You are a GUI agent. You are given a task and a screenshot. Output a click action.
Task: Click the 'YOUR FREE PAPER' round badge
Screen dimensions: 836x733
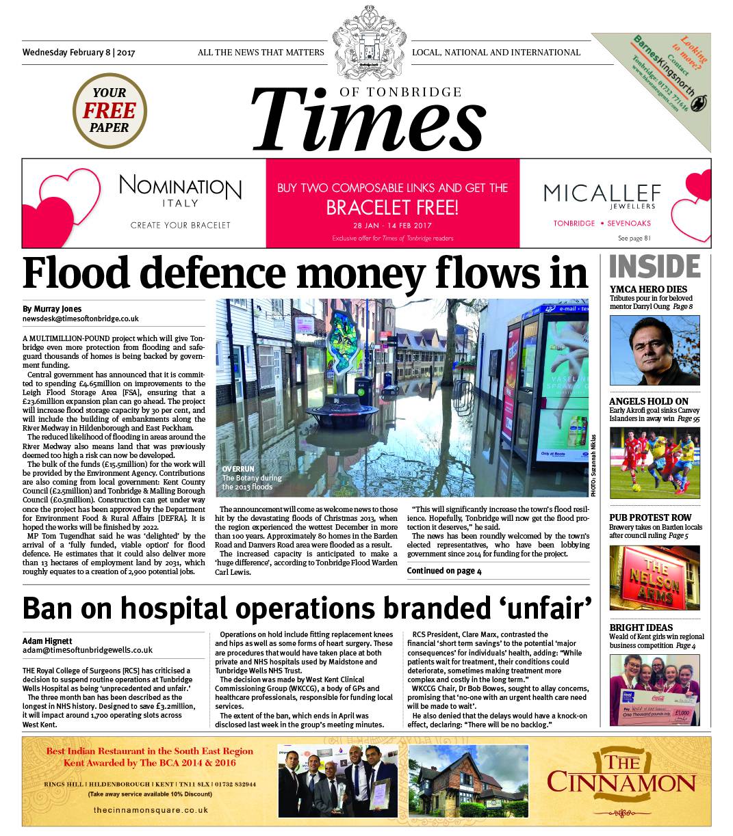pyautogui.click(x=110, y=110)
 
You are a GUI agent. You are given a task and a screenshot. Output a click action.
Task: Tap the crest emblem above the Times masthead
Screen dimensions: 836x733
pyautogui.click(x=365, y=40)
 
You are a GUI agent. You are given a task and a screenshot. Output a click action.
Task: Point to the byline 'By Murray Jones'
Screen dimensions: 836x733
pyautogui.click(x=52, y=308)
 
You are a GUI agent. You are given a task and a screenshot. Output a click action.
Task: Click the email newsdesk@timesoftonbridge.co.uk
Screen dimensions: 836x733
pyautogui.click(x=81, y=319)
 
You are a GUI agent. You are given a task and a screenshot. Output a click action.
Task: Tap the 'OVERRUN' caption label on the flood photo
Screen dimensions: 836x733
pyautogui.click(x=237, y=469)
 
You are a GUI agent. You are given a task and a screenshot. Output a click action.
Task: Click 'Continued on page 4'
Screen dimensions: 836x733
pyautogui.click(x=444, y=571)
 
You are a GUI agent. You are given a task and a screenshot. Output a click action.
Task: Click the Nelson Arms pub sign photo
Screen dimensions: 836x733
pyautogui.click(x=654, y=578)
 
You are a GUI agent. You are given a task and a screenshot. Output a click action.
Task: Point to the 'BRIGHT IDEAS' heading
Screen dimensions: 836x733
pyautogui.click(x=641, y=628)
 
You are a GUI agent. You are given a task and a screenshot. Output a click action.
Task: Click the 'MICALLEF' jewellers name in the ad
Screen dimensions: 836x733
pyautogui.click(x=602, y=193)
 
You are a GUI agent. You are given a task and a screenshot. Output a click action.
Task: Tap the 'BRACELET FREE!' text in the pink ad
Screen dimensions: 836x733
pyautogui.click(x=392, y=206)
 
